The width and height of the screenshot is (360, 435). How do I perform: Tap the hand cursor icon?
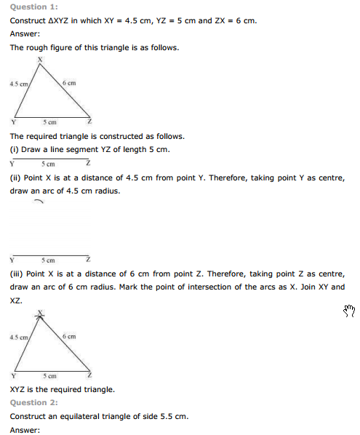point(348,311)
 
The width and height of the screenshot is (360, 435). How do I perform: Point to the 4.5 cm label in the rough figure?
point(19,84)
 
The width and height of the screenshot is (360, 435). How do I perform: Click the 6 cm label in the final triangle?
point(69,337)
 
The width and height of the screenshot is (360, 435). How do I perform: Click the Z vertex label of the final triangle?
point(89,375)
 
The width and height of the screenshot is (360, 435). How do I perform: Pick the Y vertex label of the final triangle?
point(13,375)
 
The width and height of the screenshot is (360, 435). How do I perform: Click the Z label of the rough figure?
point(89,122)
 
